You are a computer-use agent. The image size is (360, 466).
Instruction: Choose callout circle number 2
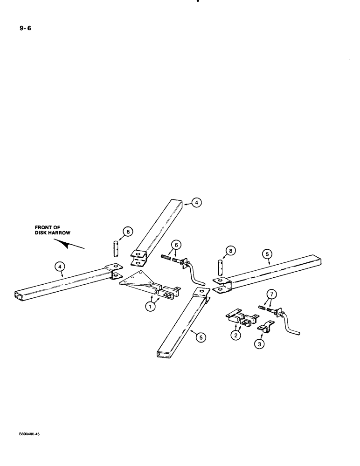(x=237, y=335)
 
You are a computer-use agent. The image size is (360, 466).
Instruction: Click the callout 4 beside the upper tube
(x=197, y=202)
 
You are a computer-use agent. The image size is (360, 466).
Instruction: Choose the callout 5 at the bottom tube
(x=201, y=339)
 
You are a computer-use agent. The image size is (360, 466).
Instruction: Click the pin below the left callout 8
(x=117, y=247)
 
